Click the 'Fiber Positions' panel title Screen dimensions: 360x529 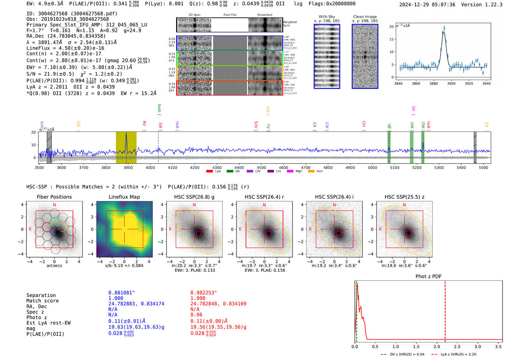pyautogui.click(x=54, y=197)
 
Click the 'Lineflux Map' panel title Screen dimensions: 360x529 pyautogui.click(x=124, y=197)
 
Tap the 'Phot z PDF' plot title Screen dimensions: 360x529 pyautogui.click(x=428, y=277)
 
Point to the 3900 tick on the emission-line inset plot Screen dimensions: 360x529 pyautogui.click(x=451, y=83)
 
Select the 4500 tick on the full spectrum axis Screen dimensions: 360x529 pyautogui.click(x=261, y=167)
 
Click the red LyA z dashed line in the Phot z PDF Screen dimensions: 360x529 pyautogui.click(x=445, y=310)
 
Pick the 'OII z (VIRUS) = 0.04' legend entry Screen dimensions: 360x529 pyautogui.click(x=402, y=354)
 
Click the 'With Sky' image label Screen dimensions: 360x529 pyautogui.click(x=327, y=17)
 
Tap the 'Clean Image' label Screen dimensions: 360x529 pyautogui.click(x=365, y=17)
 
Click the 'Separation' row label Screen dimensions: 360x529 pyautogui.click(x=41, y=295)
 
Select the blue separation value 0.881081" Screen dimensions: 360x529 pyautogui.click(x=121, y=293)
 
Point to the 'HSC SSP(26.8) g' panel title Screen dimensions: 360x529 pyautogui.click(x=194, y=197)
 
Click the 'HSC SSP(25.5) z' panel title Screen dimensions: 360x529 pyautogui.click(x=404, y=197)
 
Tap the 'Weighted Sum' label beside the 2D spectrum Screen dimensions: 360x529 pyautogui.click(x=289, y=24)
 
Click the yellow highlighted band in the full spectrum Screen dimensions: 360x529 pyautogui.click(x=126, y=147)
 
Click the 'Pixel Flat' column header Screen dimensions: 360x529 pyautogui.click(x=230, y=15)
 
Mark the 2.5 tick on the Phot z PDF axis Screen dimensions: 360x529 pyautogui.click(x=457, y=346)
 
